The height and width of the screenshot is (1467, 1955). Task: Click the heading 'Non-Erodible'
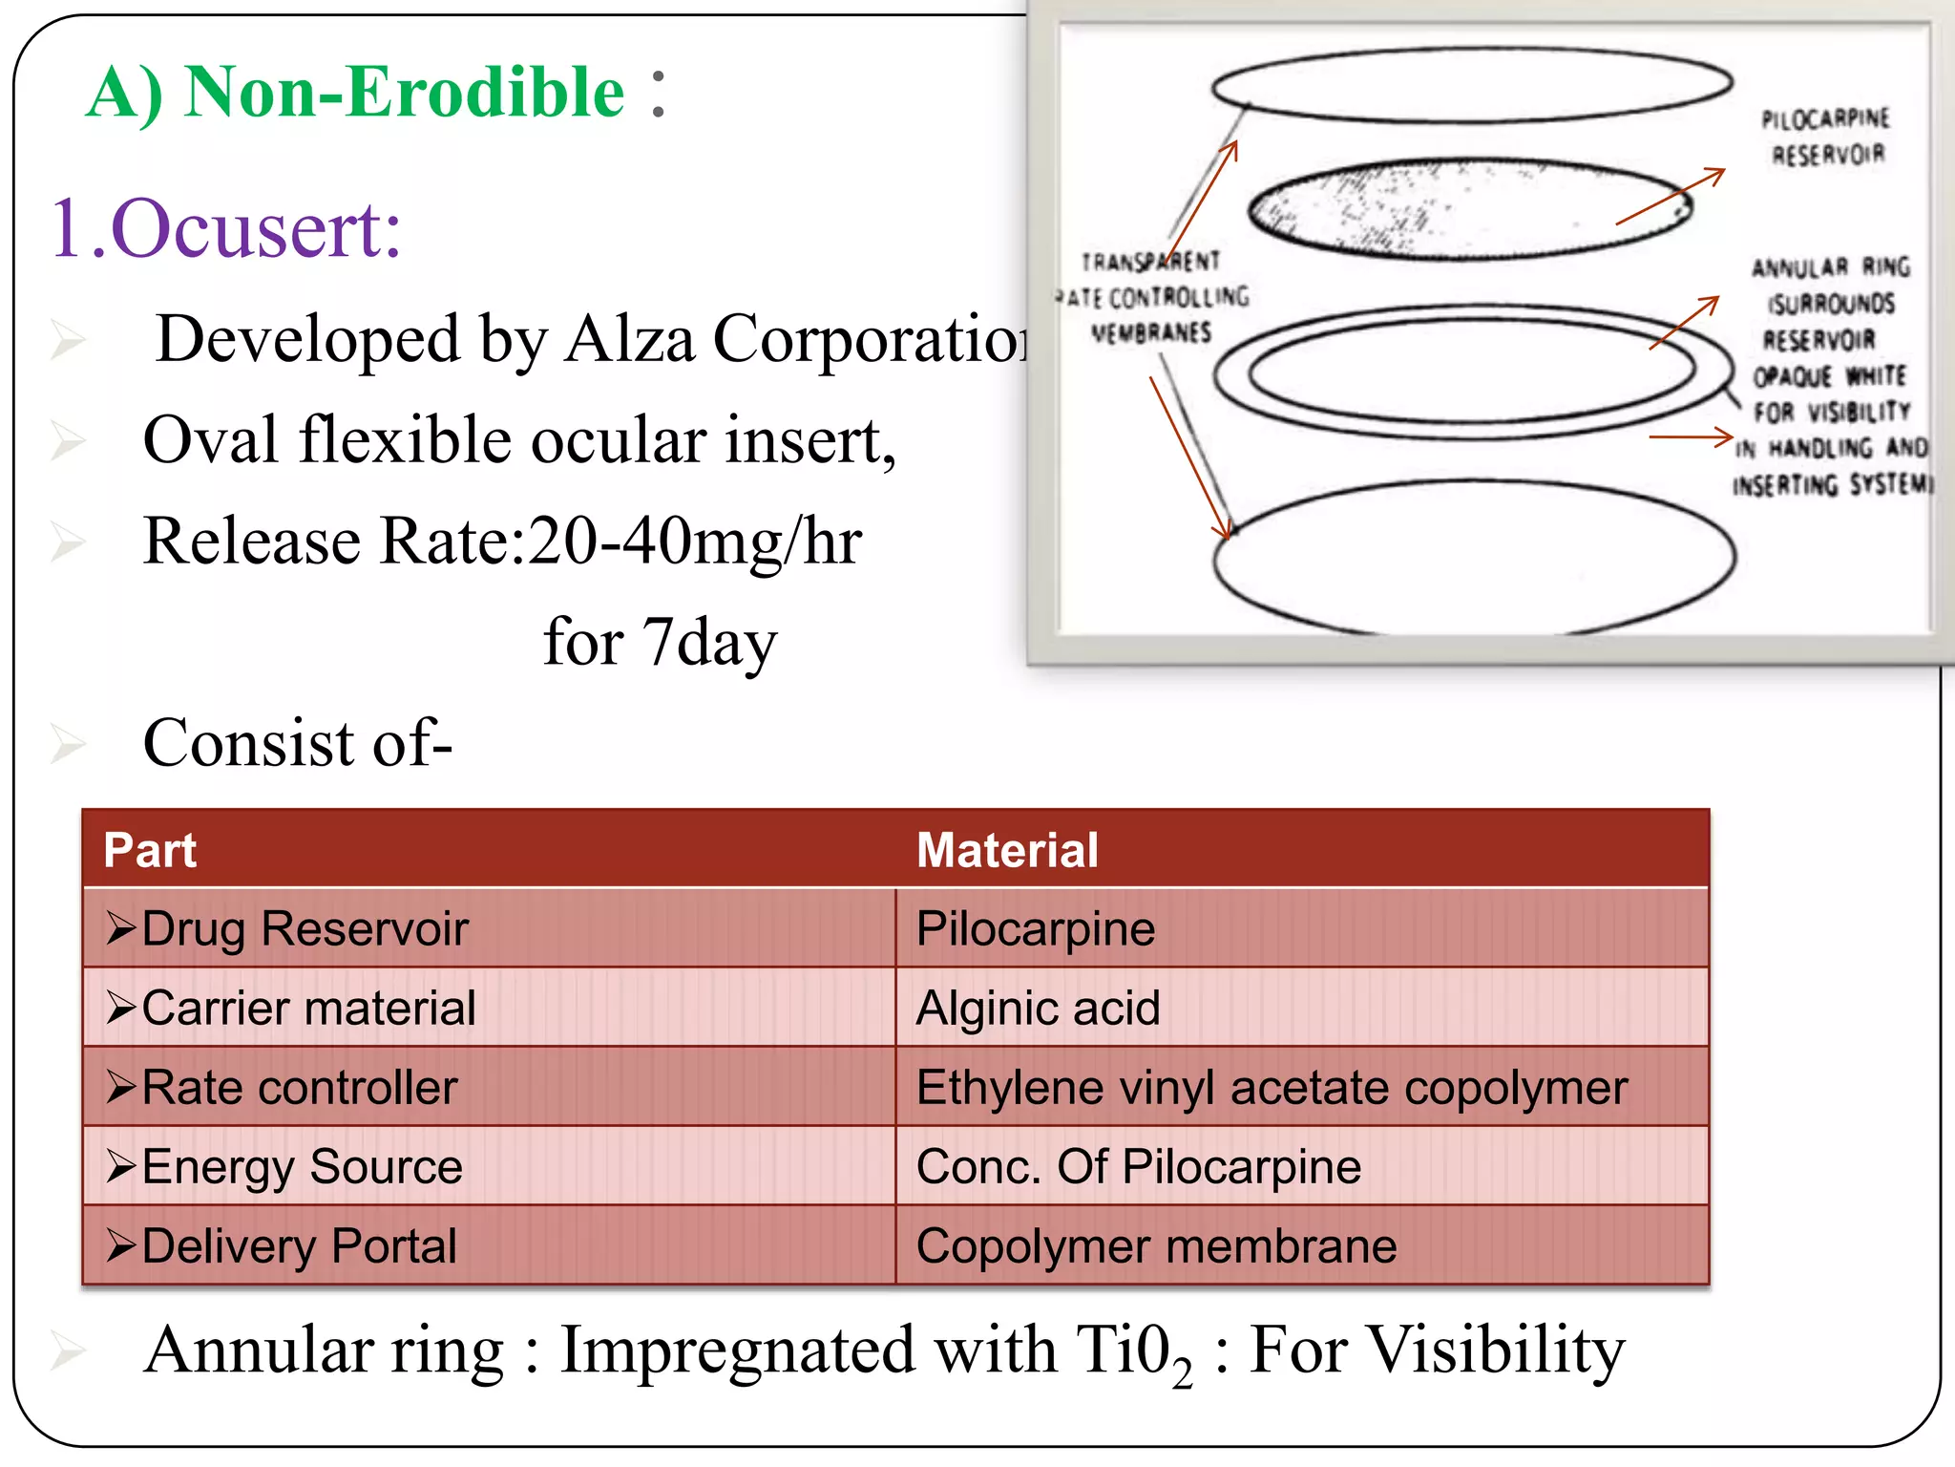[x=405, y=93]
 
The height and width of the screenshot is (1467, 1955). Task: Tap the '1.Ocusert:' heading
[x=226, y=229]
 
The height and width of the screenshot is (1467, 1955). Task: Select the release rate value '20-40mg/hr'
[x=695, y=542]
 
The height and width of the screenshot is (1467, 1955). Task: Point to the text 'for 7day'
[x=660, y=642]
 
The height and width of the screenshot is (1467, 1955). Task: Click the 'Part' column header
[x=150, y=850]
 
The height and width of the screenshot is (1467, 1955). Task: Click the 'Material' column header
[x=1007, y=850]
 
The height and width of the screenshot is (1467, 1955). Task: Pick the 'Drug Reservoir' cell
[x=305, y=928]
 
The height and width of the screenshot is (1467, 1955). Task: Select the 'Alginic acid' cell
[x=1038, y=1008]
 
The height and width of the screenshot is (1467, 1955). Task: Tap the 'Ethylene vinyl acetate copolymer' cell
[x=1271, y=1087]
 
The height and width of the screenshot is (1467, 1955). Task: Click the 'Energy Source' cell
[x=302, y=1167]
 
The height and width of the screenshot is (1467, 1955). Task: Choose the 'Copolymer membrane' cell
[x=1156, y=1246]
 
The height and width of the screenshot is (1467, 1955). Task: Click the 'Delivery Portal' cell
[x=299, y=1246]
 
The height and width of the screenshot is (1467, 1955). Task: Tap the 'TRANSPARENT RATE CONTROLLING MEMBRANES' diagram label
[x=1152, y=297]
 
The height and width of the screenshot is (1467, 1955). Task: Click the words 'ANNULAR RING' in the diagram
[x=1830, y=267]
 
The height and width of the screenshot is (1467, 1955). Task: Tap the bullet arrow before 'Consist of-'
[x=68, y=744]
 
